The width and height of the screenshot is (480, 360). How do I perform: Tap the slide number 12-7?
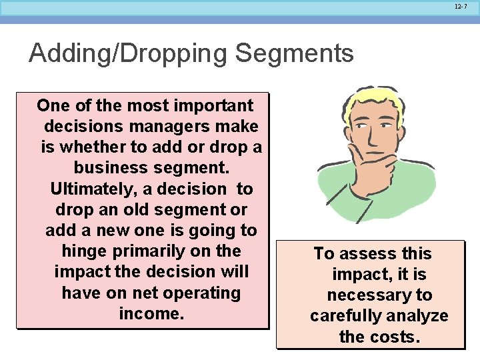[x=461, y=7]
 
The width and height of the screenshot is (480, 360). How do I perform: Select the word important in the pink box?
[x=213, y=105]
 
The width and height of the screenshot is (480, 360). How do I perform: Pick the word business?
[x=107, y=167]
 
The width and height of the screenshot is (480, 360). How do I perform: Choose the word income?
[x=151, y=313]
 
